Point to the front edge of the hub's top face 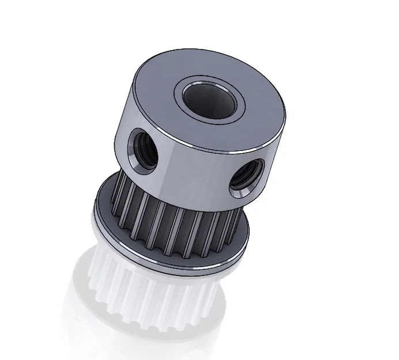click(x=190, y=142)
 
